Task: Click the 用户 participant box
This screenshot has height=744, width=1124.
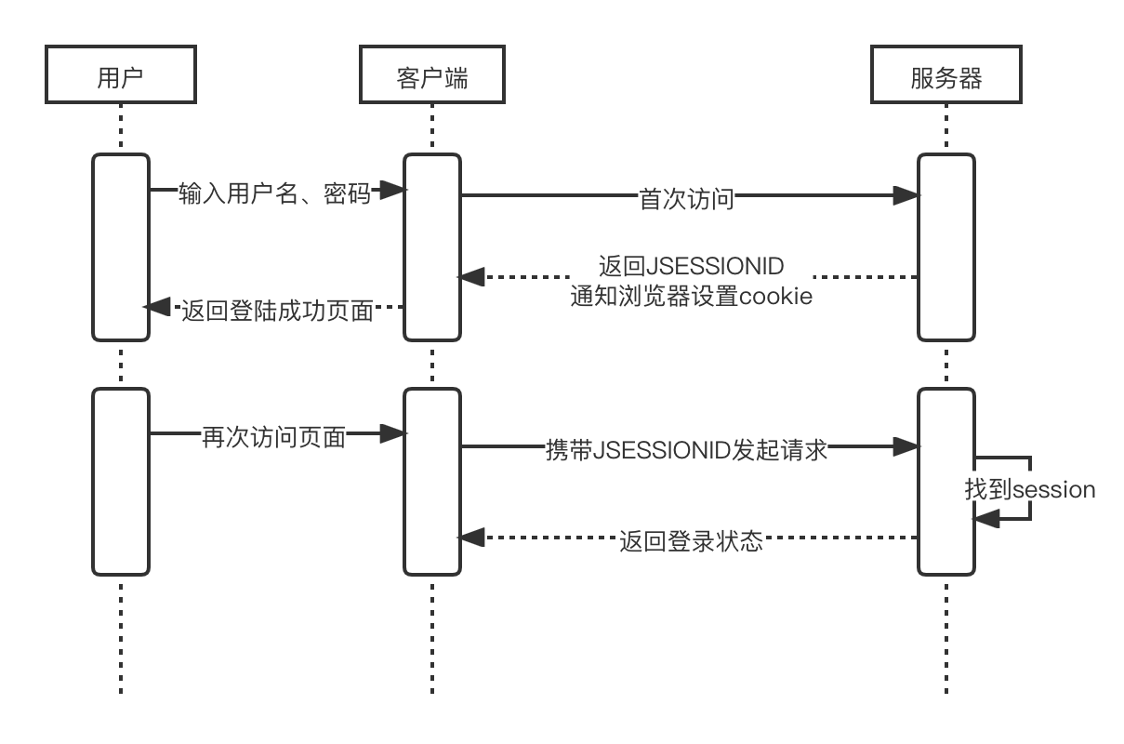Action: [x=121, y=75]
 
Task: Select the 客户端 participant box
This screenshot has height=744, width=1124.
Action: [x=432, y=75]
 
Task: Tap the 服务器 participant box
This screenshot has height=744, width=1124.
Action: [x=946, y=75]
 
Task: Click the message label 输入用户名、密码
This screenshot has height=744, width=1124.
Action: [x=274, y=193]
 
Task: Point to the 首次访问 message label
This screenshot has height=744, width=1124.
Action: [x=686, y=198]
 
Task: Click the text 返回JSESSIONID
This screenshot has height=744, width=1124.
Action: [x=692, y=266]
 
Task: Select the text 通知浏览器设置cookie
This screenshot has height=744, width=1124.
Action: [x=692, y=296]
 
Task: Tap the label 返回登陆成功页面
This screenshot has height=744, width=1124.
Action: [x=277, y=310]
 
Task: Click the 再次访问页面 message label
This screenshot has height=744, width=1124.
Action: [x=274, y=436]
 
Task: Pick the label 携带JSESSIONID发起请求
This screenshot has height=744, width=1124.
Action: [x=686, y=450]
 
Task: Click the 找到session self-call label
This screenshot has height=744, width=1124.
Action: [x=1030, y=488]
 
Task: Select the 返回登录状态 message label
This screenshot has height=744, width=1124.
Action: [x=692, y=540]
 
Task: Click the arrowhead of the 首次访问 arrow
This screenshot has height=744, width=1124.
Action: [x=906, y=195]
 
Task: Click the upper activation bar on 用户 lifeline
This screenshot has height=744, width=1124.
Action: [x=121, y=247]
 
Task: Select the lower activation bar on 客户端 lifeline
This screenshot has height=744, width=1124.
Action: [x=432, y=482]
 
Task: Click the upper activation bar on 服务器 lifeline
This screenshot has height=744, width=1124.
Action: [x=946, y=247]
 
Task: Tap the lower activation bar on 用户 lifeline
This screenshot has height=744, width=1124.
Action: [x=121, y=482]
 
